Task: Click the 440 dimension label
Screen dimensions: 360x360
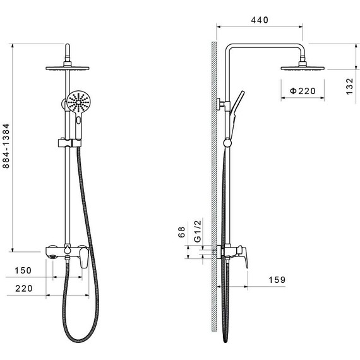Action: coord(260,20)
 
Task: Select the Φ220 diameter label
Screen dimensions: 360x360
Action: coord(303,91)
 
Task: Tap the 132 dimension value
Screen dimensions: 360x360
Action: coord(349,87)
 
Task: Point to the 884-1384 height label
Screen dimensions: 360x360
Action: coord(6,146)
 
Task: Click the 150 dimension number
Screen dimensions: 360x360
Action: coord(23,270)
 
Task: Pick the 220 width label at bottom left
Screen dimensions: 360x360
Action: coord(24,289)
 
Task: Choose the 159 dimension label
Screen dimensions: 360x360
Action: coord(277,280)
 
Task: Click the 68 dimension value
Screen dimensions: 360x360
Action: coord(181,232)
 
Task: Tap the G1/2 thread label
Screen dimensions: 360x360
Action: coord(198,231)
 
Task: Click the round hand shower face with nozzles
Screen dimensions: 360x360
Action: coord(78,102)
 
